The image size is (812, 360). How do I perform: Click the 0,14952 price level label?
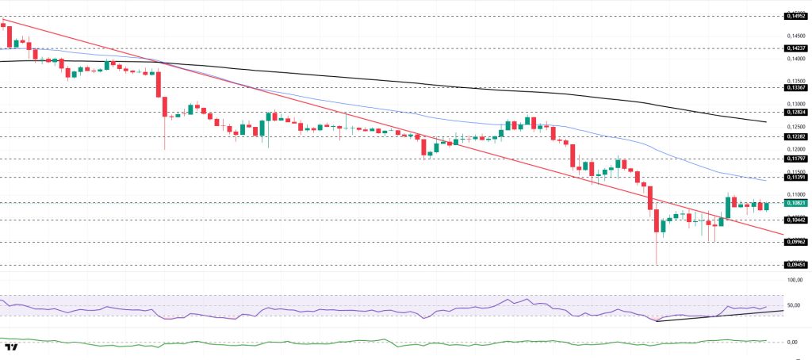click(x=795, y=15)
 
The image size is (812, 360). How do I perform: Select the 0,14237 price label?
click(x=795, y=48)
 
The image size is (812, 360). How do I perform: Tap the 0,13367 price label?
click(x=795, y=88)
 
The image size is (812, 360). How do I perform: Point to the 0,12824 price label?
click(x=795, y=113)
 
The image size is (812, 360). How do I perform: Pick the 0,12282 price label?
click(x=795, y=136)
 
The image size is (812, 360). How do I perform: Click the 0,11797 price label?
click(x=795, y=159)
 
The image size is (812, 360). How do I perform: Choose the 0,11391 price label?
click(x=795, y=177)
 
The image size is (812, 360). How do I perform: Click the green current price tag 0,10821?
click(x=795, y=203)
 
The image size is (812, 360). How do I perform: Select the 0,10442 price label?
click(x=795, y=220)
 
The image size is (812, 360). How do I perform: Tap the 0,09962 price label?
click(x=795, y=242)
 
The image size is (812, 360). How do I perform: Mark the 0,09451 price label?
click(x=795, y=265)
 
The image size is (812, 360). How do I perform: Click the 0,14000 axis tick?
click(x=795, y=58)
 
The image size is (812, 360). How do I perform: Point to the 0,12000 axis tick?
click(x=795, y=148)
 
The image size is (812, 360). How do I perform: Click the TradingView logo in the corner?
click(x=11, y=347)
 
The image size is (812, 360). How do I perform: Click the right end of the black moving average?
click(x=765, y=122)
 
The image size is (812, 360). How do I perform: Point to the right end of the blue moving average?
click(x=765, y=181)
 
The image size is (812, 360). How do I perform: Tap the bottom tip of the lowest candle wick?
click(x=657, y=265)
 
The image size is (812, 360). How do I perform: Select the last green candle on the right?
click(x=767, y=205)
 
